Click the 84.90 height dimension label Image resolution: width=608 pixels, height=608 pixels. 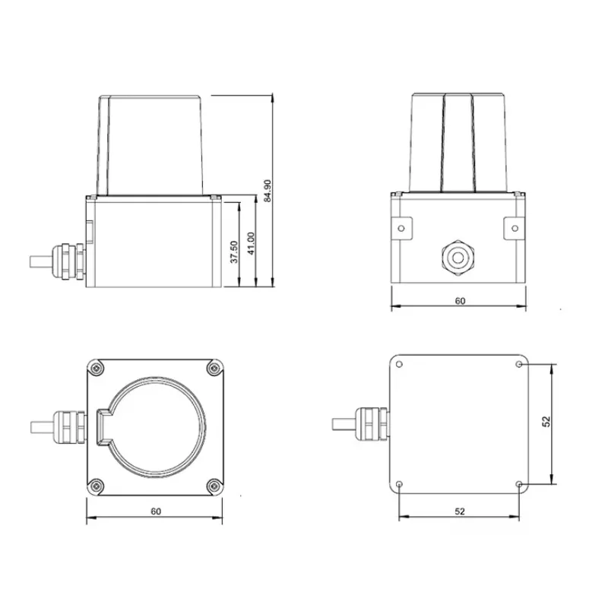pyautogui.click(x=268, y=191)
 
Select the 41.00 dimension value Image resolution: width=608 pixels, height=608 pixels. pyautogui.click(x=251, y=243)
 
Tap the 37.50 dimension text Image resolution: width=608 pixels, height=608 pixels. pyautogui.click(x=234, y=252)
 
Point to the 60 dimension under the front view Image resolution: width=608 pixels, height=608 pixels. pyautogui.click(x=460, y=301)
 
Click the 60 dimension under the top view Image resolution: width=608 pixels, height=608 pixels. pyautogui.click(x=156, y=511)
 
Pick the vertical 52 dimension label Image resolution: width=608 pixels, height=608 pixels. pyautogui.click(x=546, y=422)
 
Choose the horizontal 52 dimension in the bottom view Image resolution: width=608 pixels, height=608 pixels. pyautogui.click(x=460, y=511)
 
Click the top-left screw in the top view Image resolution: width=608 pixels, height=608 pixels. pyautogui.click(x=96, y=368)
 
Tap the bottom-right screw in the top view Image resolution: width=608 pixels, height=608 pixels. pyautogui.click(x=214, y=486)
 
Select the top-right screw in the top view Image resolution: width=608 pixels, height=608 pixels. pyautogui.click(x=214, y=368)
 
